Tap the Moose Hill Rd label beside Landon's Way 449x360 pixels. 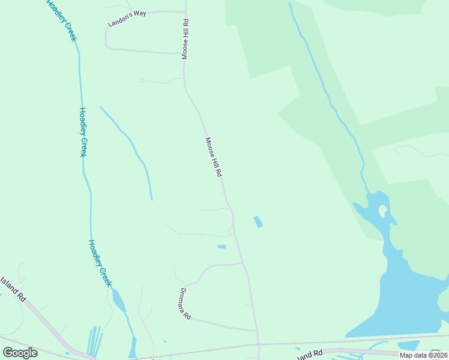(x=186, y=38)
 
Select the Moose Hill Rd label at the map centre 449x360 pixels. (x=214, y=157)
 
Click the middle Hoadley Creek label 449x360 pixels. (x=84, y=132)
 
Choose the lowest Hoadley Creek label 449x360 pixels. (x=100, y=263)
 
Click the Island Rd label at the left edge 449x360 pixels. (x=13, y=288)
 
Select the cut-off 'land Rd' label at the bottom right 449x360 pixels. (x=310, y=355)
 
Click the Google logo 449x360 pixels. (x=20, y=353)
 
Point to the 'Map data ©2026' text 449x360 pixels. (x=423, y=355)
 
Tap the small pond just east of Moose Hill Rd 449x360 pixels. (x=258, y=221)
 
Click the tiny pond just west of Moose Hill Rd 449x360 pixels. (x=221, y=247)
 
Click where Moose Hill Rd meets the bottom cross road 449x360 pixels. (x=259, y=344)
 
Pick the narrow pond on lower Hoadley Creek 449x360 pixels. (x=119, y=300)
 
